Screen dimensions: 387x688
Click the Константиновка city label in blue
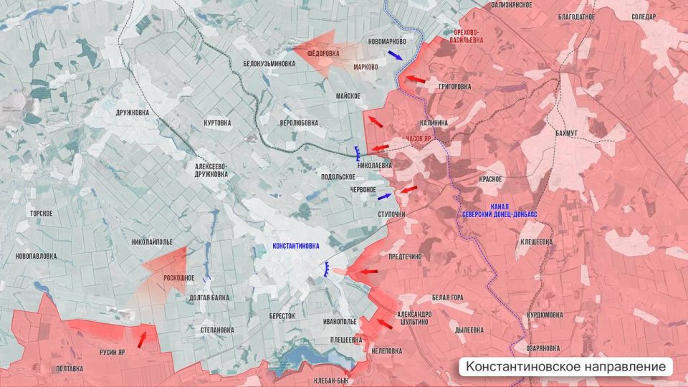(296, 246)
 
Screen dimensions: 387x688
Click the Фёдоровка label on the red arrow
(322, 53)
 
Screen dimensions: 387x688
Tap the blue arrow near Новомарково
(395, 54)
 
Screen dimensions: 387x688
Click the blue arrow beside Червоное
(385, 196)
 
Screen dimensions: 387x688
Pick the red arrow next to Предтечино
(368, 272)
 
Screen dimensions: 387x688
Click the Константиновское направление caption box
(566, 367)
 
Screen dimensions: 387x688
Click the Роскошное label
(179, 277)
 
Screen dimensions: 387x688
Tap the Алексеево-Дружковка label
(211, 169)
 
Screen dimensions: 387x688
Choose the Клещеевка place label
(536, 242)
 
